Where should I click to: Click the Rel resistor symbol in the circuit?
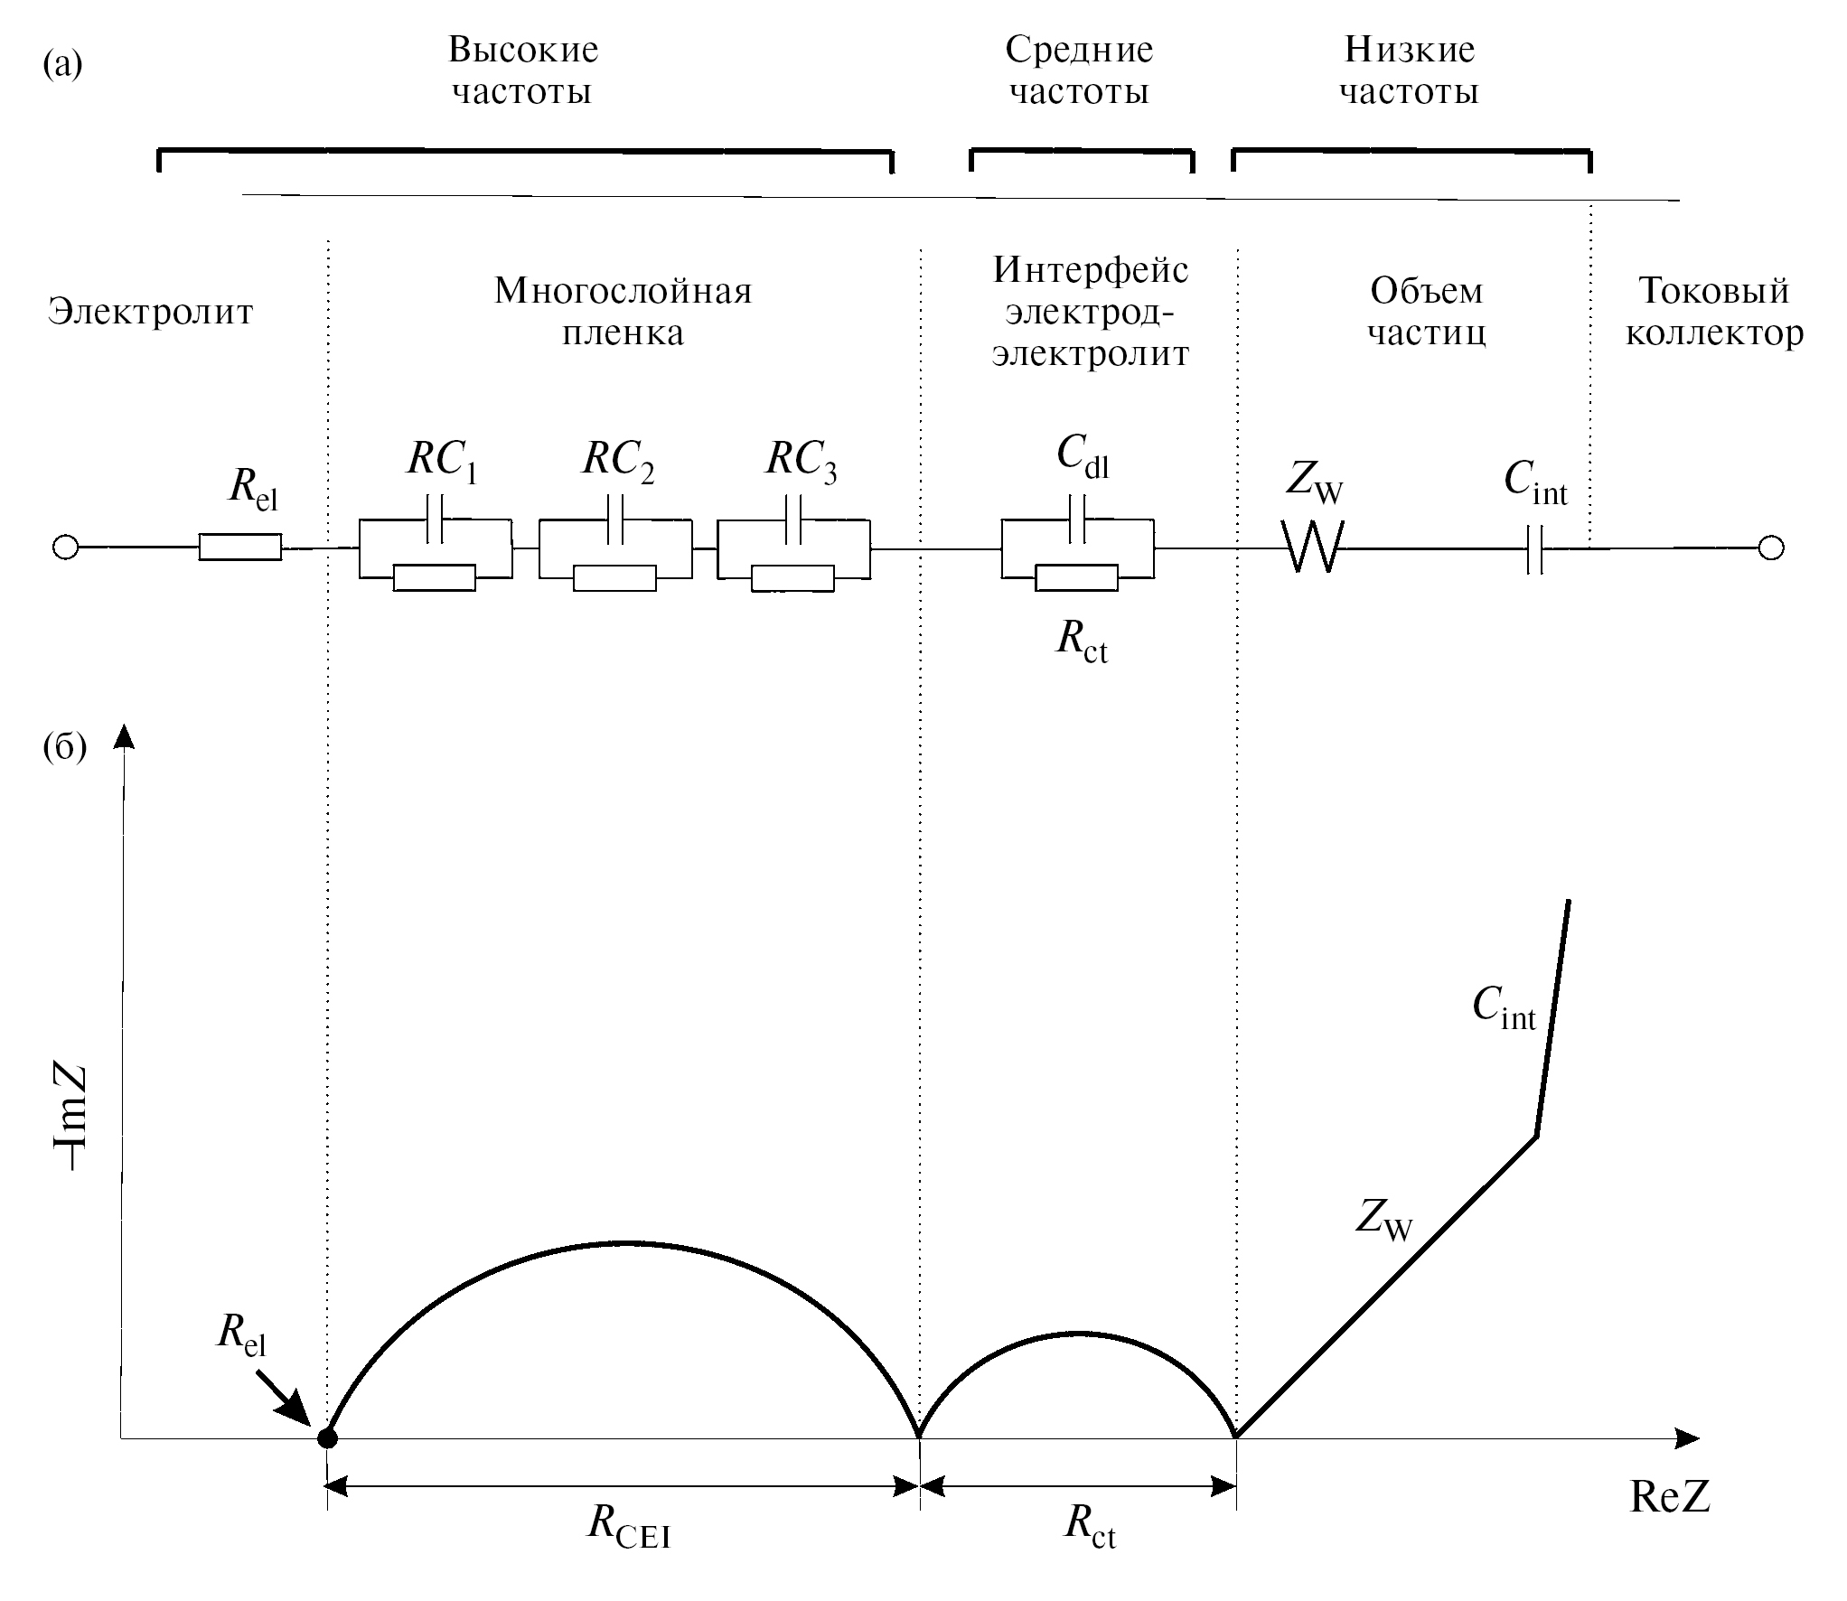pos(239,547)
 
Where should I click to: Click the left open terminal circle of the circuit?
pos(65,548)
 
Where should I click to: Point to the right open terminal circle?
pos(1770,548)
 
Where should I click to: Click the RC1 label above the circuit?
pos(442,461)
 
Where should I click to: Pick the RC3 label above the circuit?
pos(801,461)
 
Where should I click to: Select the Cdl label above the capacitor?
pos(1082,456)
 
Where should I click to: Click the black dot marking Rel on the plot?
pos(327,1437)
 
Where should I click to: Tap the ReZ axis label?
pos(1670,1497)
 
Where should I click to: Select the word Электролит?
pos(150,312)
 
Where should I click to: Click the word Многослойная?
pos(623,291)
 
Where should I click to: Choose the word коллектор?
pos(1714,333)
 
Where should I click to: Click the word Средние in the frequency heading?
pos(1079,50)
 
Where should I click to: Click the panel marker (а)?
pos(62,65)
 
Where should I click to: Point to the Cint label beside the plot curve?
pos(1504,1006)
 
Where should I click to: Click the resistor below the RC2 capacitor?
pos(614,577)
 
